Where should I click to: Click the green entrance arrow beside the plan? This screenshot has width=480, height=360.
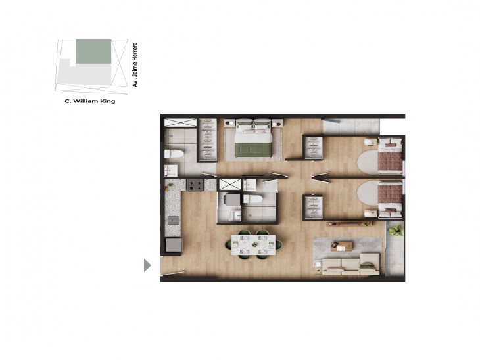pos(148,265)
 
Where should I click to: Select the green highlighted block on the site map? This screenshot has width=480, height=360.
pos(93,52)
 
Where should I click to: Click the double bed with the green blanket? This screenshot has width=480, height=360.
pos(254,139)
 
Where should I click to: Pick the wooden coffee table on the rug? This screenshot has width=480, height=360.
pos(342,246)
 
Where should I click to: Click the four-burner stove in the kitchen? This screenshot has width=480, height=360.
pos(195,185)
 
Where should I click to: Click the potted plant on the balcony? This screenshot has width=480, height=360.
pos(396,231)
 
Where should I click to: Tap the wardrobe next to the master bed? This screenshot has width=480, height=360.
pos(208,139)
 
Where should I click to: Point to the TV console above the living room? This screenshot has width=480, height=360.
pos(345,224)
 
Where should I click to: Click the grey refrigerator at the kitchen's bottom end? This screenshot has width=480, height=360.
pos(174,244)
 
